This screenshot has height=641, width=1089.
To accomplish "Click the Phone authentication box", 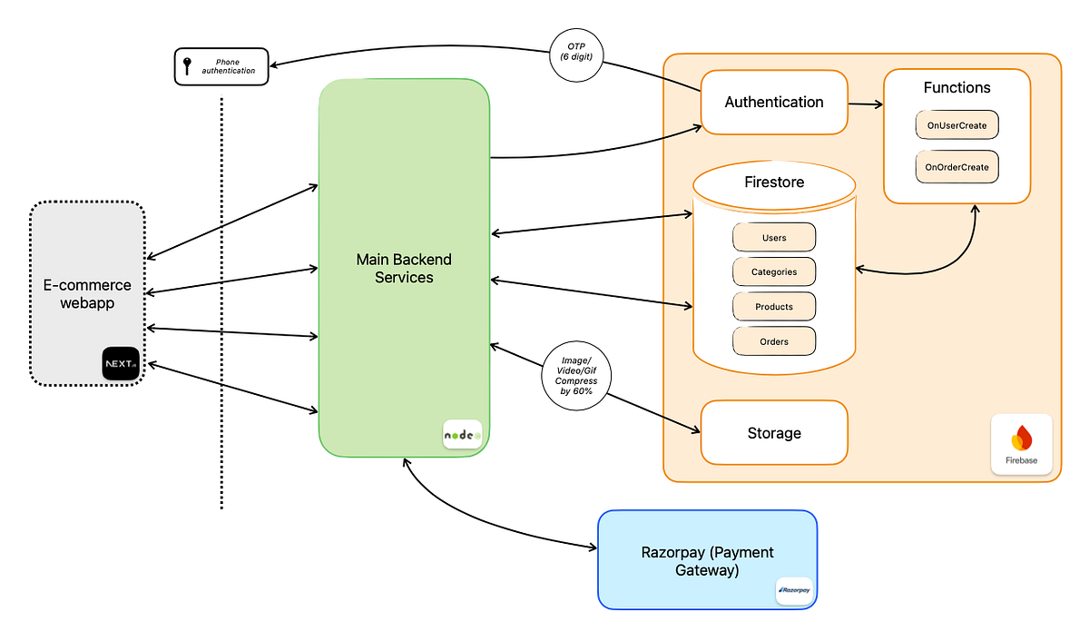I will pos(221,66).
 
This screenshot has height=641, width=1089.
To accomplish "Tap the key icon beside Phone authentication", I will pos(187,66).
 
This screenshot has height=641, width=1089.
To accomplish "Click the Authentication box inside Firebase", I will pos(773,103).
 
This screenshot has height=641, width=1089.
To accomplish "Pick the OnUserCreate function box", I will pos(957,124).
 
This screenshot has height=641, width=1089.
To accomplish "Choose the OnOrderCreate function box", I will pos(957,168).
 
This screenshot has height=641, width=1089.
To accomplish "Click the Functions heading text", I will pos(957,88).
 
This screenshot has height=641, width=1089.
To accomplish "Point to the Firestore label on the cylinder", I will pos(773,182).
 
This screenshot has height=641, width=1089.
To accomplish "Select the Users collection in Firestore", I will pos(774,238).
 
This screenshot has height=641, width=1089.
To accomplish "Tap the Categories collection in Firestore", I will pos(774,272).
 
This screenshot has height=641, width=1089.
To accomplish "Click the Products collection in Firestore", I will pos(774,307).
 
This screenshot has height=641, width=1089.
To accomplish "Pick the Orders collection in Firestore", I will pos(774,341).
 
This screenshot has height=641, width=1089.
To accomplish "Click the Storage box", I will pos(773,433).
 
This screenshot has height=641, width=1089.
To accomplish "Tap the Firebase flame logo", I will pos(1021,439).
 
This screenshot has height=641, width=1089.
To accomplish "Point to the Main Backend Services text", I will pos(404,269).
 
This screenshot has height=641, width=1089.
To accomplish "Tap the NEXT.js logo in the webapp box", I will pos(122,364).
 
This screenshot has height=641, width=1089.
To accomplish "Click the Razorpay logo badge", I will pos(795,590).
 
